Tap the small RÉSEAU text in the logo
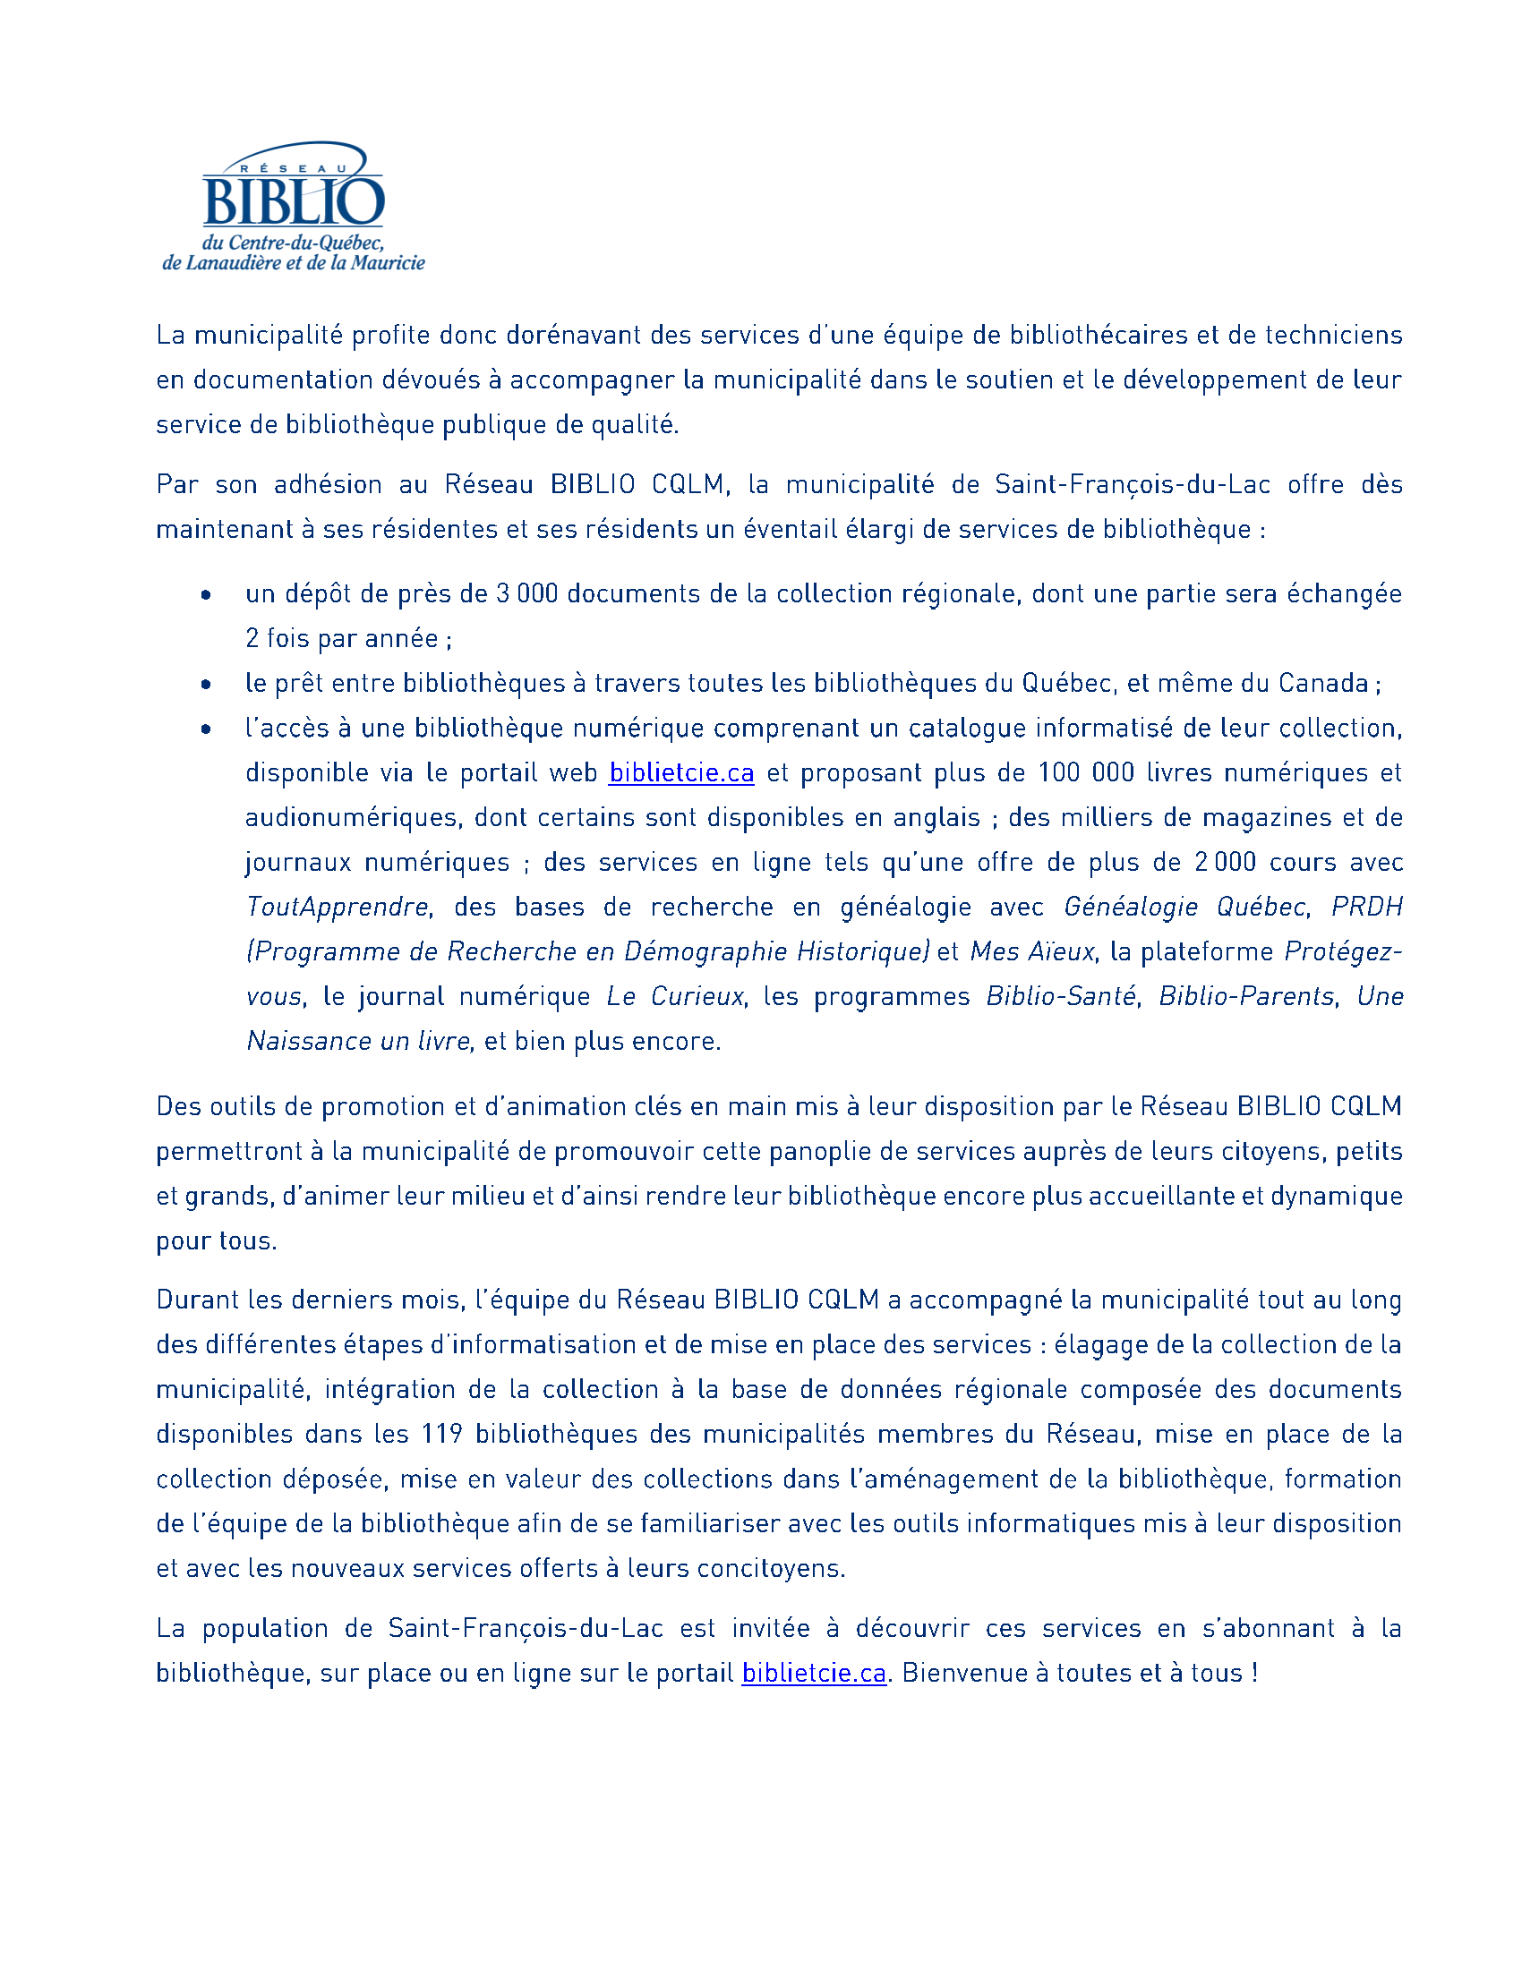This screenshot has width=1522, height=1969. click(x=293, y=168)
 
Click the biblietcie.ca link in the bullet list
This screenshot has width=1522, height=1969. click(x=680, y=772)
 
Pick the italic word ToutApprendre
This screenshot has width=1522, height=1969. click(x=338, y=907)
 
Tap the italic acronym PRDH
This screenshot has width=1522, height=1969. click(x=1367, y=907)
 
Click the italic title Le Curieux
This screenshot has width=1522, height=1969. click(x=675, y=996)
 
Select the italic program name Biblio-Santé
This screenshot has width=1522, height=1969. click(x=1060, y=996)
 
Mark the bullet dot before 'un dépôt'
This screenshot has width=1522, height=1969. click(x=207, y=595)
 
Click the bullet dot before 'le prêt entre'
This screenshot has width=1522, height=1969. click(x=207, y=686)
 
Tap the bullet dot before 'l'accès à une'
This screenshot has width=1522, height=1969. click(x=207, y=729)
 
